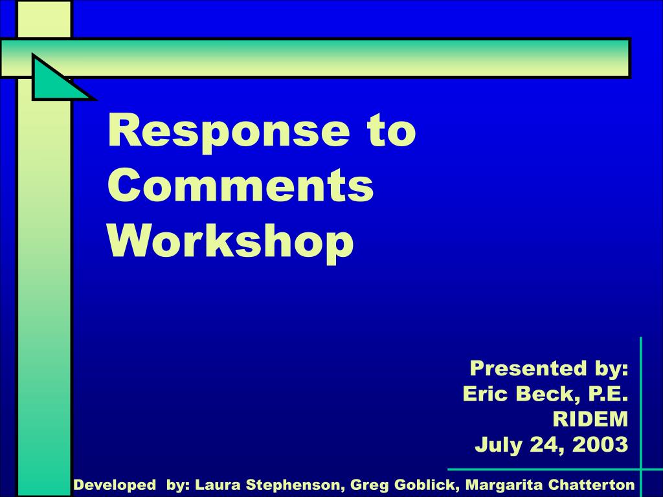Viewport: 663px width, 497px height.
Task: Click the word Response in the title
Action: (x=229, y=132)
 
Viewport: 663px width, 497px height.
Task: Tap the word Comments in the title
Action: (x=240, y=185)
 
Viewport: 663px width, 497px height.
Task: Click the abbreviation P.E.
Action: (x=608, y=393)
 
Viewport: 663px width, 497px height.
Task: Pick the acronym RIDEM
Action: (x=590, y=419)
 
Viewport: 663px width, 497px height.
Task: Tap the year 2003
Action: (x=600, y=445)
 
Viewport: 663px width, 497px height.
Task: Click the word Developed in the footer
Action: (x=115, y=485)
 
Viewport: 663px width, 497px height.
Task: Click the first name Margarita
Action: (x=504, y=485)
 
